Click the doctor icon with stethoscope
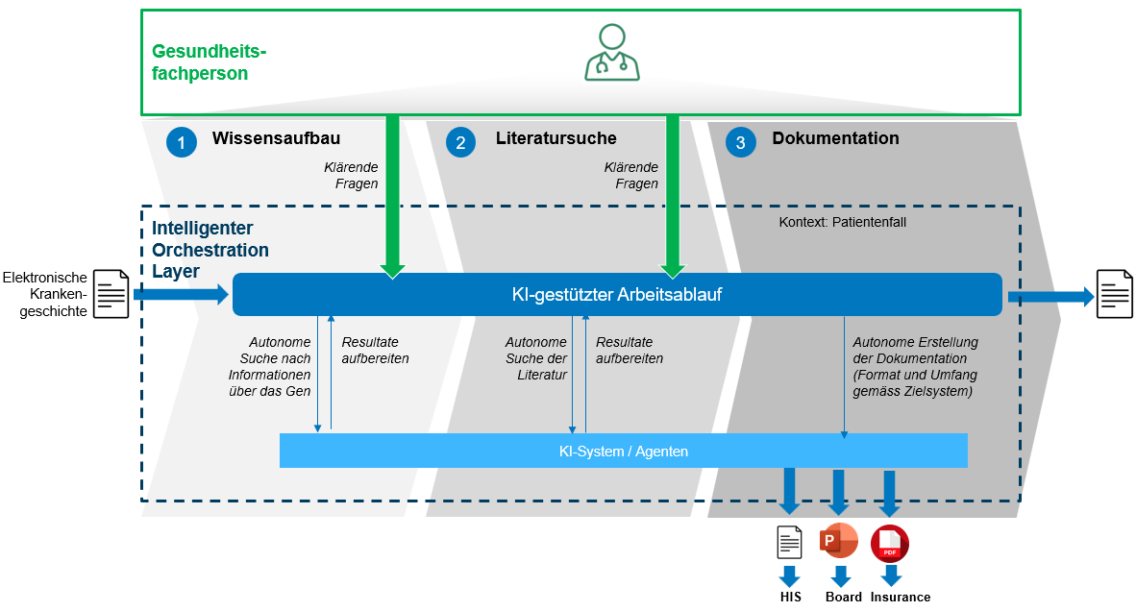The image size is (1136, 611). click(612, 53)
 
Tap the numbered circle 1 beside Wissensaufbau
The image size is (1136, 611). click(181, 142)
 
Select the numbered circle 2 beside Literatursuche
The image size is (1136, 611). click(461, 142)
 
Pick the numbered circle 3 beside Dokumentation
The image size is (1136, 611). click(740, 142)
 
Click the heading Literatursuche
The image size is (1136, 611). click(556, 138)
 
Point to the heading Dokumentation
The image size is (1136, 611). click(835, 138)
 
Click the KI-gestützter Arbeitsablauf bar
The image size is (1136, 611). click(616, 294)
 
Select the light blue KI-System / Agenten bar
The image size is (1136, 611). click(623, 451)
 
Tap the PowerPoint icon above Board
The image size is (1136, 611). click(838, 543)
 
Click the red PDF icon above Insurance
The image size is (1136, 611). click(890, 544)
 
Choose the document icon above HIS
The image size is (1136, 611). click(789, 543)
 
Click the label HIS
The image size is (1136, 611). click(790, 597)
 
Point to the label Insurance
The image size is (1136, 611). click(901, 597)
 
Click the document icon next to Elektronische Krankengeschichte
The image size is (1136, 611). click(111, 294)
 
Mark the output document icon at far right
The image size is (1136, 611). click(1115, 294)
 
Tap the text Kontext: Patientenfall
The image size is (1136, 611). click(842, 222)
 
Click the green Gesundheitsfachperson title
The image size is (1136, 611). click(209, 62)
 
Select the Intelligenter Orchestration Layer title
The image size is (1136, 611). click(210, 250)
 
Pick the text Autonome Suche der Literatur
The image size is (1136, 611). click(536, 358)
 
